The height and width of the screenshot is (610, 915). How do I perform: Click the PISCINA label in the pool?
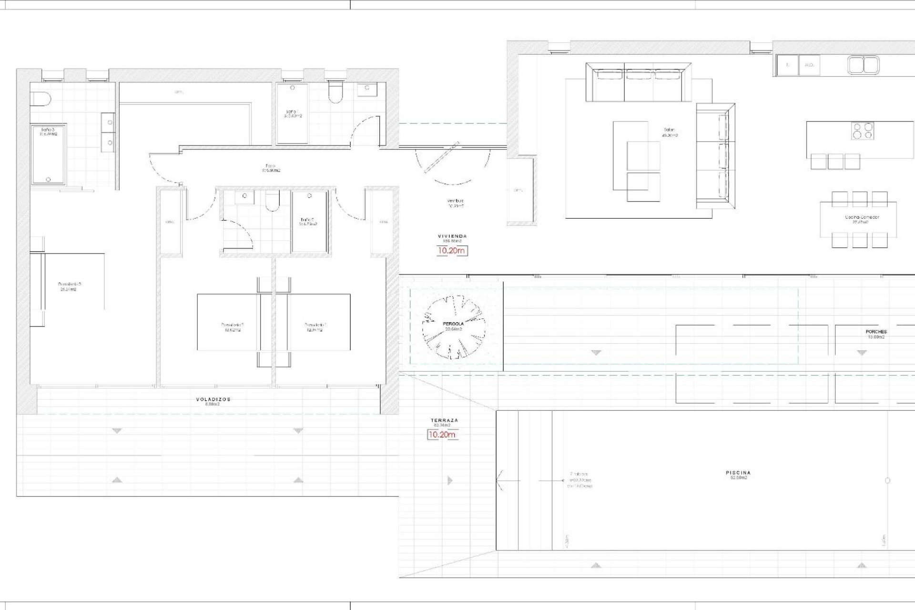[x=738, y=473]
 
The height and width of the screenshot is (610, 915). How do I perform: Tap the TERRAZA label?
[x=444, y=420]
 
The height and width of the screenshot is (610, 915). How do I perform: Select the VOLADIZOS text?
[x=213, y=399]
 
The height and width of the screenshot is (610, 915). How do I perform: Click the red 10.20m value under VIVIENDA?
[x=452, y=251]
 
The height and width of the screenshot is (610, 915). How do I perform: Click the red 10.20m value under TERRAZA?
[x=442, y=435]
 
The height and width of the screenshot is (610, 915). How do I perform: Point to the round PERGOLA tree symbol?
[x=453, y=326]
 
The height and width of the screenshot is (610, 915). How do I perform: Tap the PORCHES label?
[x=876, y=332]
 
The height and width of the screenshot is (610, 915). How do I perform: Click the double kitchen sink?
[x=863, y=65]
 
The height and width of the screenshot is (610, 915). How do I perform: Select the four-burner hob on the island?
[x=863, y=131]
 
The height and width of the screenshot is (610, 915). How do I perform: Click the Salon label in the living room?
[x=670, y=130]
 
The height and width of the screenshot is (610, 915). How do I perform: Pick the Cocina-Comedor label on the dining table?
[x=862, y=217]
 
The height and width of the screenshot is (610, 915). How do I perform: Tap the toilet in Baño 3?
[x=40, y=99]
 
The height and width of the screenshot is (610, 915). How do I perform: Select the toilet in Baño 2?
[x=273, y=202]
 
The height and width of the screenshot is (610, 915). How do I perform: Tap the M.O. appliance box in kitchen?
[x=809, y=65]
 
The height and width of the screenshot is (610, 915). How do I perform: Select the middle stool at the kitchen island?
[x=835, y=162]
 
